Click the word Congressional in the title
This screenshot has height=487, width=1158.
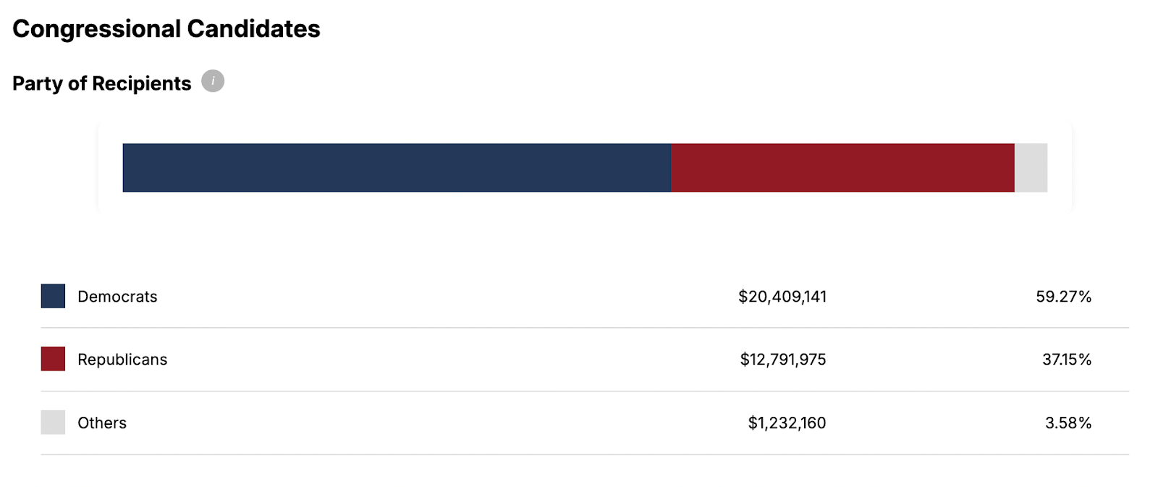coord(96,29)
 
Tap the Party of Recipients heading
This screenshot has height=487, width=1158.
coord(101,84)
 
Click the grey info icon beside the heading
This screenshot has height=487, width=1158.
coord(213,81)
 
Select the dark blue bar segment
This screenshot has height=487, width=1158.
coord(397,168)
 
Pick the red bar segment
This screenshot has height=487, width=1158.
coord(842,168)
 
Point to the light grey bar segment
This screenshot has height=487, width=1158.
coord(1031,168)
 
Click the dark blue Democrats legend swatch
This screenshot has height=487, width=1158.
coord(53,296)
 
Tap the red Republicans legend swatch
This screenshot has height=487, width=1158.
coord(53,359)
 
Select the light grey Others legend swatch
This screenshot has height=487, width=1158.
coord(53,423)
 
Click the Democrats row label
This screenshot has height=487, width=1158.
coord(117,297)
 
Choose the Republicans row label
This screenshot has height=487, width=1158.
coord(122,360)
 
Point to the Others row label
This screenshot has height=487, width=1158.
coord(102,423)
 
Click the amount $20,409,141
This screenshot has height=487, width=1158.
coord(782,297)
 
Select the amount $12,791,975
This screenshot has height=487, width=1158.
coord(782,360)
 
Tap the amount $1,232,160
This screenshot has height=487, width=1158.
coord(787,423)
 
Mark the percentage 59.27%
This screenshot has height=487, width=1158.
coord(1063,297)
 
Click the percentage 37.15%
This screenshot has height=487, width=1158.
coord(1066,360)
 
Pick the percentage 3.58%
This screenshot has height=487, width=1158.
coord(1068,423)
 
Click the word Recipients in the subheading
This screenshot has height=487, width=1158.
coord(142,84)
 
